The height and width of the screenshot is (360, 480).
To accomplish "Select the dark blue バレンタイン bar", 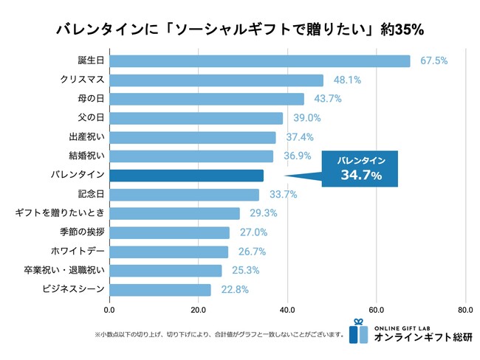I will click(x=187, y=176).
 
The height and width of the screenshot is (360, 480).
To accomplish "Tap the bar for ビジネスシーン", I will click(x=161, y=290).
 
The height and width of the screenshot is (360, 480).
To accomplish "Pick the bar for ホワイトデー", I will click(x=169, y=252).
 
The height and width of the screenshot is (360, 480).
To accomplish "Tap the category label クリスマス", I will click(x=82, y=80).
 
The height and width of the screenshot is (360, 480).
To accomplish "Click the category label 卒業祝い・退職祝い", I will click(x=65, y=271).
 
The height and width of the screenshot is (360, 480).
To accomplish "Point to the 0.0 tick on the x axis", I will click(x=111, y=310).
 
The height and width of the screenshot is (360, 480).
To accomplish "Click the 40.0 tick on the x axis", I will click(x=288, y=310).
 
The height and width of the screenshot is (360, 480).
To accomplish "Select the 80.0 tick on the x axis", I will click(x=465, y=310).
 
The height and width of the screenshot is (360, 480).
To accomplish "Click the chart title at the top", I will click(x=239, y=29).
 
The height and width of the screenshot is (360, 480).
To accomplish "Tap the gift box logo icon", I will click(x=359, y=331).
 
